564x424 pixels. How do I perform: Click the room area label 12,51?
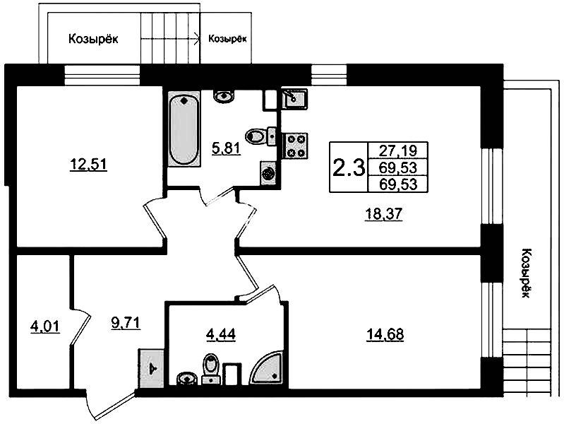point(88,165)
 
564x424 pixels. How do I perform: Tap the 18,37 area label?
point(383,214)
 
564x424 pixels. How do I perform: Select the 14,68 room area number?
point(385,334)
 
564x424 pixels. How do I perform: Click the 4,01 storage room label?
point(45,326)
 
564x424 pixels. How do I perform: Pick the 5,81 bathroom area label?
point(226,148)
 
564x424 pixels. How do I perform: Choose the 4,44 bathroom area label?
point(221,334)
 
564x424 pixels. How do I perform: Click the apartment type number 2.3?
point(349,167)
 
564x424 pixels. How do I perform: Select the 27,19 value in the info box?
point(398,151)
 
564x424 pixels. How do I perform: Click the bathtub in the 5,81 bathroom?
point(184,129)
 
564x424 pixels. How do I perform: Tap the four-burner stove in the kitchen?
point(295,146)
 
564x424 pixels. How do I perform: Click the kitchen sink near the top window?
point(294,99)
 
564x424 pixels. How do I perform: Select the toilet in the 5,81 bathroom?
point(260,136)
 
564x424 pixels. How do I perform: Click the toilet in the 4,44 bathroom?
point(210,368)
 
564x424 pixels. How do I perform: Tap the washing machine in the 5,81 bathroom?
point(268,174)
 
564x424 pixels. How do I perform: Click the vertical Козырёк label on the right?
point(525,273)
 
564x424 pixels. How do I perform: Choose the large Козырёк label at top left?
point(93,39)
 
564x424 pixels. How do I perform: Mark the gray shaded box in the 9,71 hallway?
point(152,368)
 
